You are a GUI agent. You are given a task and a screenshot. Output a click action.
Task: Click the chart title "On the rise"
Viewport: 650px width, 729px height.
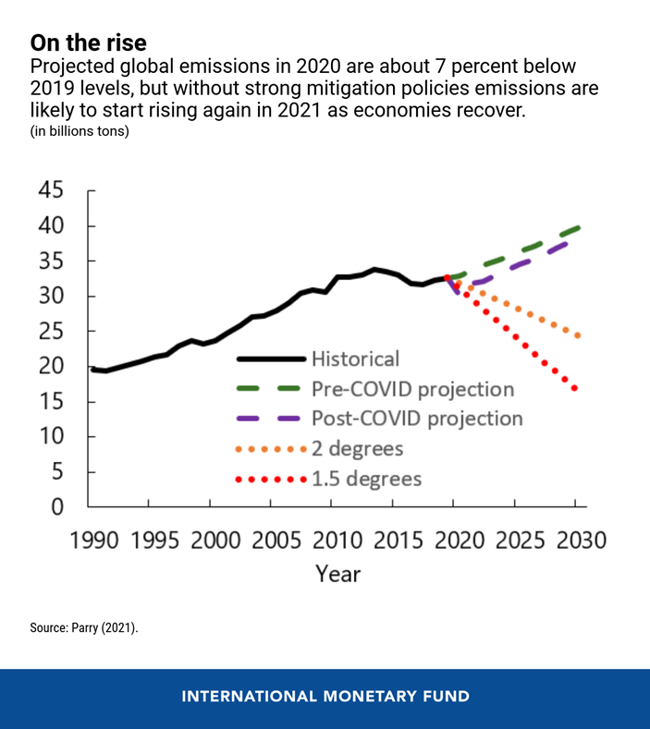point(88,43)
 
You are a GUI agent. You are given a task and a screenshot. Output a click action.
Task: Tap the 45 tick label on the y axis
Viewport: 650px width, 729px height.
point(51,191)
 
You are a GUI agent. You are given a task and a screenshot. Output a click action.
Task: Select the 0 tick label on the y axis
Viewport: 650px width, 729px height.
point(57,506)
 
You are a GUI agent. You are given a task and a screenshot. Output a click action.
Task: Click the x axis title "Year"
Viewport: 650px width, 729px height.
point(337,574)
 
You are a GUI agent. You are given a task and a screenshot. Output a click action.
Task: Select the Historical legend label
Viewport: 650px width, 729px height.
point(356,358)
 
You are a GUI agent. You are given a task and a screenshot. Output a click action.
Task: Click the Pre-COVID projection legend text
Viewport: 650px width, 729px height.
point(412,388)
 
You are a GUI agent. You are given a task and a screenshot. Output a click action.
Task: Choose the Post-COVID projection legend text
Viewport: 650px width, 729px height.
point(417,419)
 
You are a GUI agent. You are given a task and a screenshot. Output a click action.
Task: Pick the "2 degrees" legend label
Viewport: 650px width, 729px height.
point(360,449)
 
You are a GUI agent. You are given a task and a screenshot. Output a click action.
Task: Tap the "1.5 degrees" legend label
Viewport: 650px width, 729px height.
point(366,479)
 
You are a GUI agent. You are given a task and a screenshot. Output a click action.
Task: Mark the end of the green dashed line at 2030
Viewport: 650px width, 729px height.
point(579,226)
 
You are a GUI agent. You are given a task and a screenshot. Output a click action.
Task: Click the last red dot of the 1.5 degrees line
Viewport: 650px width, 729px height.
point(575,389)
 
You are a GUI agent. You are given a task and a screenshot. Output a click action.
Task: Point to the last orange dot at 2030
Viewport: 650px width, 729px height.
point(577,336)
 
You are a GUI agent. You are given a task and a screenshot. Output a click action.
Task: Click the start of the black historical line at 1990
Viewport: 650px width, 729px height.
point(92,370)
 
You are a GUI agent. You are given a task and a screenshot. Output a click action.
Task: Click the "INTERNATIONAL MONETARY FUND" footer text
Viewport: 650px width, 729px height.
point(325,697)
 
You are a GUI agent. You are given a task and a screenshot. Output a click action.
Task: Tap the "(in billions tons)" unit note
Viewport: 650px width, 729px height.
point(80,131)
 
